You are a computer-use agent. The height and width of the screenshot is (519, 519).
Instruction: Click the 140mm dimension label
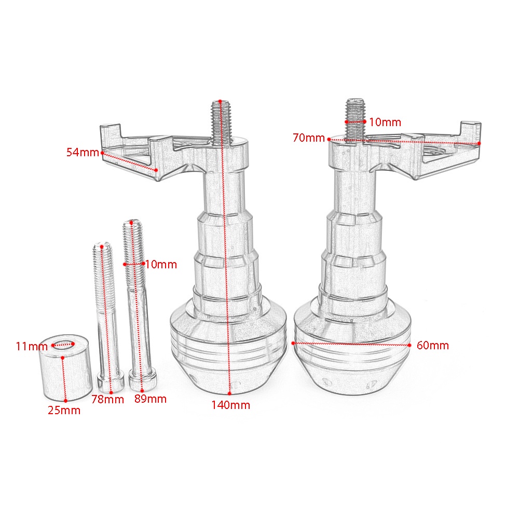[x=230, y=405]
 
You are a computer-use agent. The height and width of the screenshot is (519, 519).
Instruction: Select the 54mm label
[x=82, y=153]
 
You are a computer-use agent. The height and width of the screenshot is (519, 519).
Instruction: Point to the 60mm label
[x=432, y=345]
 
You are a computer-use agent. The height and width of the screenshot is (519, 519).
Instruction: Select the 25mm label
[x=64, y=410]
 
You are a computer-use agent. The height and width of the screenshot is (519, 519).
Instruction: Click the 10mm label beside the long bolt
[x=161, y=265]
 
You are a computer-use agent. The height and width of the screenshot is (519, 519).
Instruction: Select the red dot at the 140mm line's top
[x=220, y=101]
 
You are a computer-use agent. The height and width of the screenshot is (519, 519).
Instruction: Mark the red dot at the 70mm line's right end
[x=479, y=143]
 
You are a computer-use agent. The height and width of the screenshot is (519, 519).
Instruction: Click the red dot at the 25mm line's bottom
[x=65, y=400]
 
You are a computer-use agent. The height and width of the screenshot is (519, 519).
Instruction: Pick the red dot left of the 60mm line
[x=294, y=343]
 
